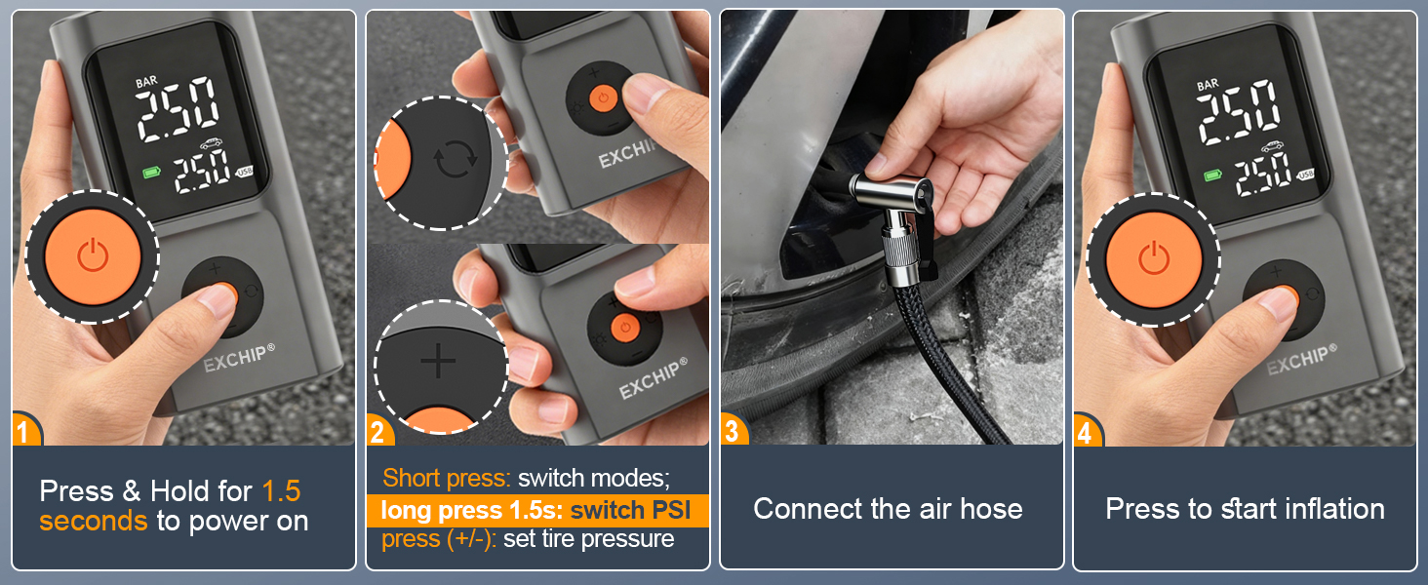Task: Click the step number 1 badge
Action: [x=26, y=430]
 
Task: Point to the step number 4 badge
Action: [x=1087, y=430]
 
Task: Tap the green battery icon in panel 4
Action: [x=1212, y=175]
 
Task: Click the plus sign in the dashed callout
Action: [x=438, y=362]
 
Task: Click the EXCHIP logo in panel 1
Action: [x=234, y=358]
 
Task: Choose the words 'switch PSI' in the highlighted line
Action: [x=636, y=510]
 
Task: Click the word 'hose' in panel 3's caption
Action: [x=989, y=508]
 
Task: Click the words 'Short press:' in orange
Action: [x=446, y=478]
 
